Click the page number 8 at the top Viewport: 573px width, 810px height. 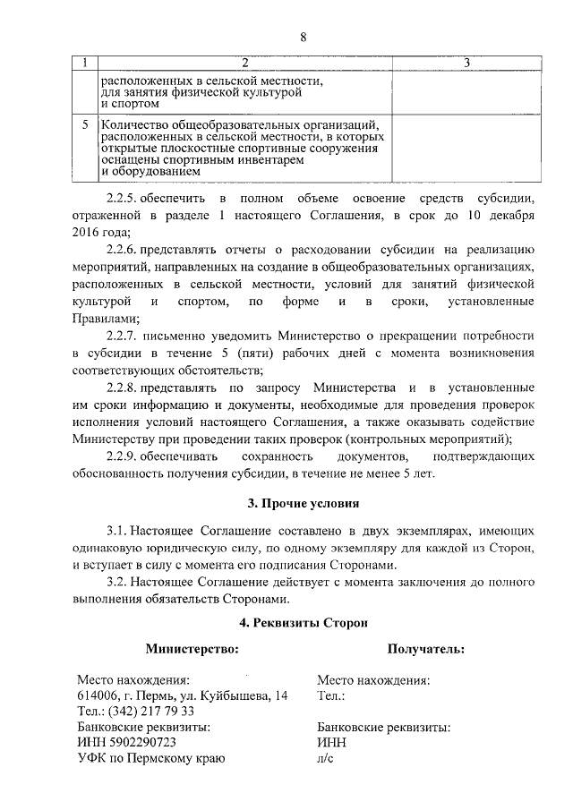(x=304, y=37)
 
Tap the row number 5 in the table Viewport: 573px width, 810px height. (x=84, y=124)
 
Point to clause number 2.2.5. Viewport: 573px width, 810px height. (x=122, y=197)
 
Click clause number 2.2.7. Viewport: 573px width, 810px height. (x=123, y=336)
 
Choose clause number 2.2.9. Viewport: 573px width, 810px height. (x=122, y=457)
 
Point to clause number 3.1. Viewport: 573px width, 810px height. (x=118, y=531)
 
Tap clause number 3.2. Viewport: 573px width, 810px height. (x=118, y=583)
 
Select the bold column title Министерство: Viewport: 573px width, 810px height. (x=192, y=648)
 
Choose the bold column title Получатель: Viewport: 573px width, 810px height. (x=426, y=648)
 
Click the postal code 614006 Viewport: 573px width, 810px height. (x=99, y=695)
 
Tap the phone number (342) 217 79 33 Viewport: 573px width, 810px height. (x=151, y=712)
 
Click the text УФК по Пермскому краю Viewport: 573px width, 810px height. (x=150, y=759)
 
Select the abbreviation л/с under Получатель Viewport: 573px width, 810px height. (x=325, y=759)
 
